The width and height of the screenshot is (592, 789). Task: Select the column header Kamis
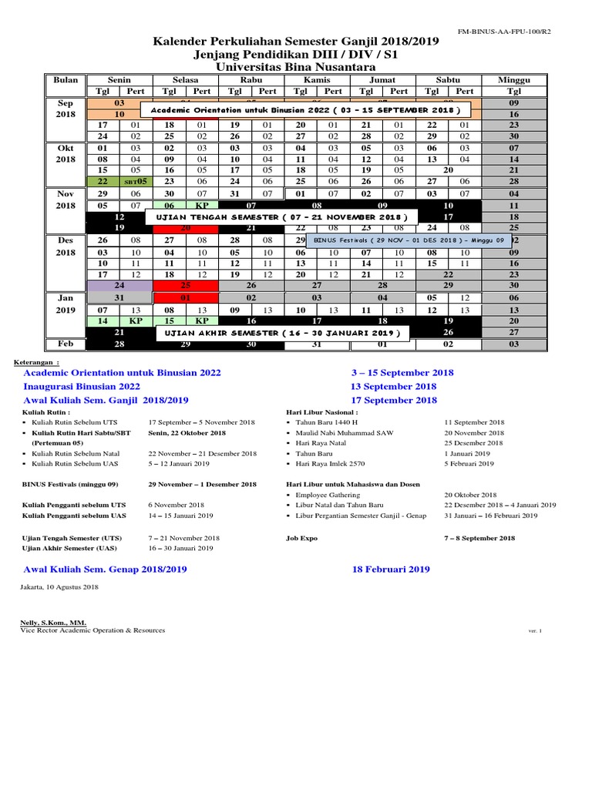pos(317,80)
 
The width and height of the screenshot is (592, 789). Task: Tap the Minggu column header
pos(514,80)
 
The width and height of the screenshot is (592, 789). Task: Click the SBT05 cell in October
pos(136,181)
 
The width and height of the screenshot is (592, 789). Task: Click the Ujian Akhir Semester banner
pos(282,333)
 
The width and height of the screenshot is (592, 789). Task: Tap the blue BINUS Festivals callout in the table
pos(409,240)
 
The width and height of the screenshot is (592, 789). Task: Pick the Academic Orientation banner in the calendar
pos(305,111)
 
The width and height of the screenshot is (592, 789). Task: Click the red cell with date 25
pos(185,285)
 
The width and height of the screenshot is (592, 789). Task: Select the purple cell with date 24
pos(119,285)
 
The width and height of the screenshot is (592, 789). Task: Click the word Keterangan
pos(36,360)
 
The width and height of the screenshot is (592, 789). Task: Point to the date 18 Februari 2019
pos(391,569)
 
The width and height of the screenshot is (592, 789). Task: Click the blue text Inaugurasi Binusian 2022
pos(82,386)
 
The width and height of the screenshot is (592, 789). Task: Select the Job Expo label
pos(301,539)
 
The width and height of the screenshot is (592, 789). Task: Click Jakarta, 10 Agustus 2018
pos(59,587)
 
